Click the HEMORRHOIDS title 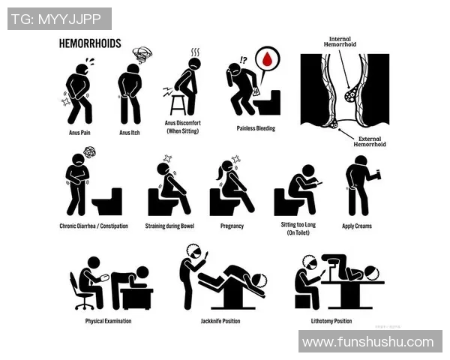point(90,43)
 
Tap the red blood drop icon point(268,58)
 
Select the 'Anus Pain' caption point(79,133)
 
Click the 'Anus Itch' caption point(130,133)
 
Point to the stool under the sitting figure point(178,105)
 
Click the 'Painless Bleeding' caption point(256,128)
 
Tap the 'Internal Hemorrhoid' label point(340,42)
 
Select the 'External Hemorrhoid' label point(370,142)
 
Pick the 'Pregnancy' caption point(232,226)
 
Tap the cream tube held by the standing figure point(376,175)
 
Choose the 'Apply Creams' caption point(357,226)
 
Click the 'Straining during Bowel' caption point(169,226)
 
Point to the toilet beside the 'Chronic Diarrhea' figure point(107,202)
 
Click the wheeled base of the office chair point(84,304)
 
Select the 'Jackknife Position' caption point(220,321)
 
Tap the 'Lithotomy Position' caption point(331,321)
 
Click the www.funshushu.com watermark point(370,342)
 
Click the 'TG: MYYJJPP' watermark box point(59,19)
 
